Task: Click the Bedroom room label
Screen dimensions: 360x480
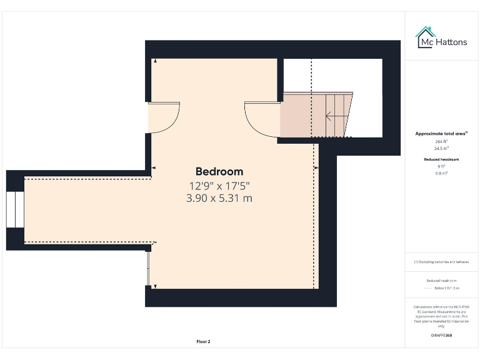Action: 219,171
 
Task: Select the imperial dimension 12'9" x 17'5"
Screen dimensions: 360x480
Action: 219,186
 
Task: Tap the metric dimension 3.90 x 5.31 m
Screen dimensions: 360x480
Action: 219,198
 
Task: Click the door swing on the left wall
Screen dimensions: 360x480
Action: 164,117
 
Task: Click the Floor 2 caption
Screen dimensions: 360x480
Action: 203,342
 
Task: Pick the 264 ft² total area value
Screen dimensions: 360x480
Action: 442,142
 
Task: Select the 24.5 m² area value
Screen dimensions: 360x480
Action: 442,148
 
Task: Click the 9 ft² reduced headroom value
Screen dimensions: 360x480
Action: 442,166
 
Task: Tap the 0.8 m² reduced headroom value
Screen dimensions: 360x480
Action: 442,172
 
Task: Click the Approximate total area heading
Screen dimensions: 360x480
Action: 442,134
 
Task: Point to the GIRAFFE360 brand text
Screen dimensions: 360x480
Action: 441,336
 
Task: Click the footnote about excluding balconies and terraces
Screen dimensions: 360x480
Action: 442,262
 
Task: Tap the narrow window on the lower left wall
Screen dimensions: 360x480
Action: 149,268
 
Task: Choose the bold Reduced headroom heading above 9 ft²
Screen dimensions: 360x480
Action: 442,159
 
